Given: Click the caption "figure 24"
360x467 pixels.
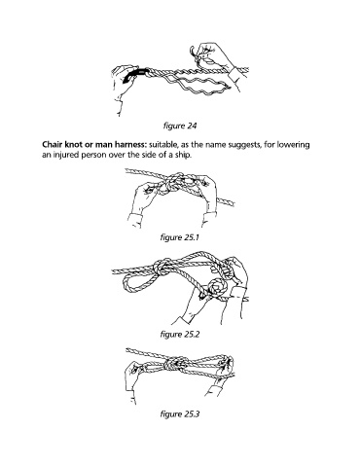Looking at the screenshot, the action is [180, 126].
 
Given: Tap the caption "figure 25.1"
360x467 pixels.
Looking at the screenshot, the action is [179, 237].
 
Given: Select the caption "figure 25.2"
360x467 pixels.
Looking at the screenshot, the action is [179, 334].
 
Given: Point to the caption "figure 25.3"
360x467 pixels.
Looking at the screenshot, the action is [179, 414].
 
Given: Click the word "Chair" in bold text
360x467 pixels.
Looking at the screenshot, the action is [51, 145].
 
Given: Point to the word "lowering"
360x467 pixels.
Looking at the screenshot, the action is [294, 145].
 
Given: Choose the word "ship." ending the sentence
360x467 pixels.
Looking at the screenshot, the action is [184, 155].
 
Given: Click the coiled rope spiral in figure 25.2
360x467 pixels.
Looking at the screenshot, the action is [218, 288].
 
